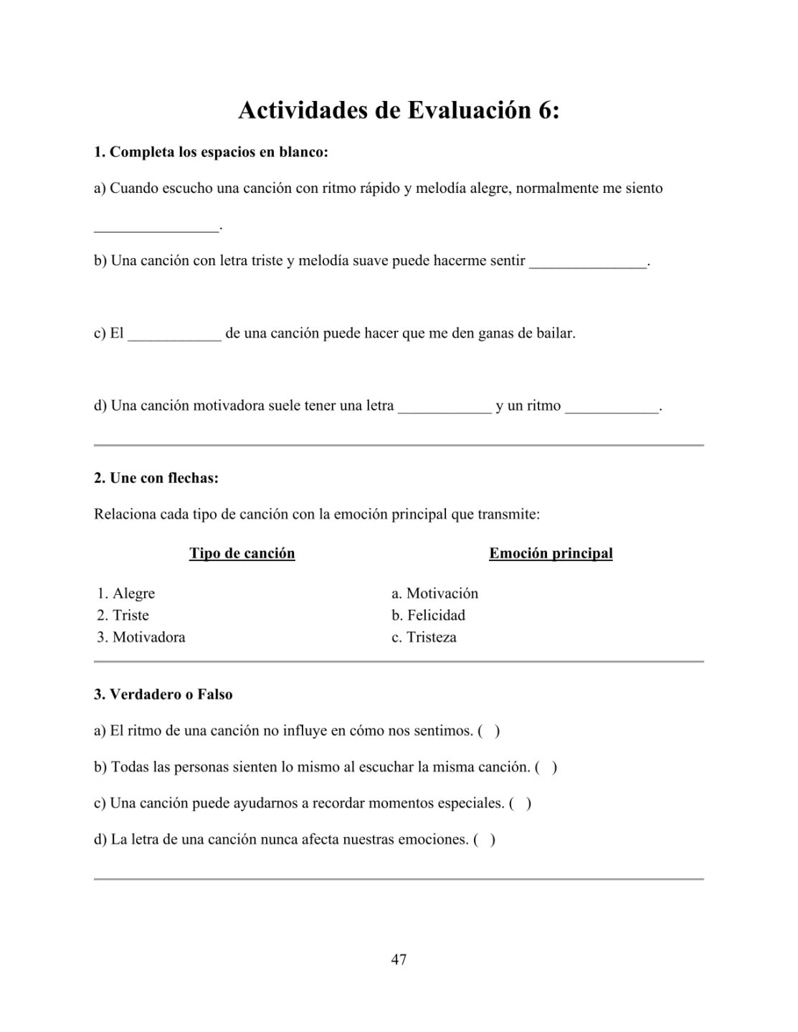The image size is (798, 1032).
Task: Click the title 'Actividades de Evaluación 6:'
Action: (x=399, y=110)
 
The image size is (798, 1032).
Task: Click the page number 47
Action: (x=399, y=959)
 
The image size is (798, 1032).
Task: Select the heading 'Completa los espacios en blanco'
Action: (x=212, y=152)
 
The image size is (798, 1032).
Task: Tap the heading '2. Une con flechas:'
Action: (x=156, y=478)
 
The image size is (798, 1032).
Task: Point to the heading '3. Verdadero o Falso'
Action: (x=163, y=694)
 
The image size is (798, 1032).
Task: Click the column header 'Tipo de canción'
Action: (x=242, y=553)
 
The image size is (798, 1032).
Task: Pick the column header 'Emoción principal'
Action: (x=551, y=553)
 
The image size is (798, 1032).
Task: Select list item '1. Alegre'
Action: (x=126, y=593)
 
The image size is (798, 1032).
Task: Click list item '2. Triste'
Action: (x=123, y=615)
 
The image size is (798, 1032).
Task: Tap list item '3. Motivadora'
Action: (x=141, y=637)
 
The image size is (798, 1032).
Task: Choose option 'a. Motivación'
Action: (x=434, y=593)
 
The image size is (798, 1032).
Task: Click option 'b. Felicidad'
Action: (x=428, y=615)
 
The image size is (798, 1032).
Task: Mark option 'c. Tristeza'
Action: (x=424, y=637)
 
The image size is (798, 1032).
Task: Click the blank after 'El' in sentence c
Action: (x=174, y=335)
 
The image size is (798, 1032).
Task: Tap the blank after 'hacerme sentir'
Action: (x=588, y=263)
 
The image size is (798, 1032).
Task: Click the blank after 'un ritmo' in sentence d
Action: (x=612, y=408)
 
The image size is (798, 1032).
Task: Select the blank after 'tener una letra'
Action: (x=445, y=408)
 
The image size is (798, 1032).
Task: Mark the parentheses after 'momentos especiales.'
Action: (x=520, y=803)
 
